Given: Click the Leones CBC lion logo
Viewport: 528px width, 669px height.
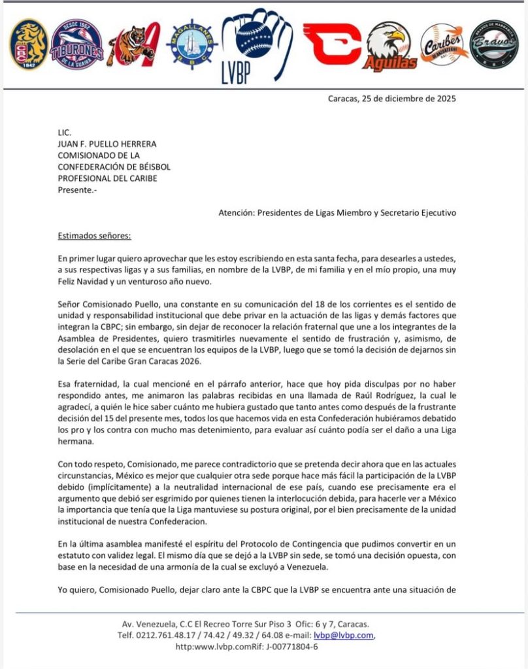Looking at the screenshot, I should coord(29,44).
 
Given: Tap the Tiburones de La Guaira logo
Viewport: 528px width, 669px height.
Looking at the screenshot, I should coord(77,44).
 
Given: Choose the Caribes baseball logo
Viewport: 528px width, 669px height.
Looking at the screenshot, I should coord(444,44).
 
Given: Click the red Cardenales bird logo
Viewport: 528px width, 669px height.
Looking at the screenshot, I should coord(331,44).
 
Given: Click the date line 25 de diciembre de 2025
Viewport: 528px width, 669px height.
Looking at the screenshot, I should coord(391,99).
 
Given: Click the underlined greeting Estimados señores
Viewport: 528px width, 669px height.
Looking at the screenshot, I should coord(94,236).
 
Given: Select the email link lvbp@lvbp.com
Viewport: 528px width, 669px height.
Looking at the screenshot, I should coord(344,635).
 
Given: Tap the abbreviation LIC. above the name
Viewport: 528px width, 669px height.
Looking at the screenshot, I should coord(64,132).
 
